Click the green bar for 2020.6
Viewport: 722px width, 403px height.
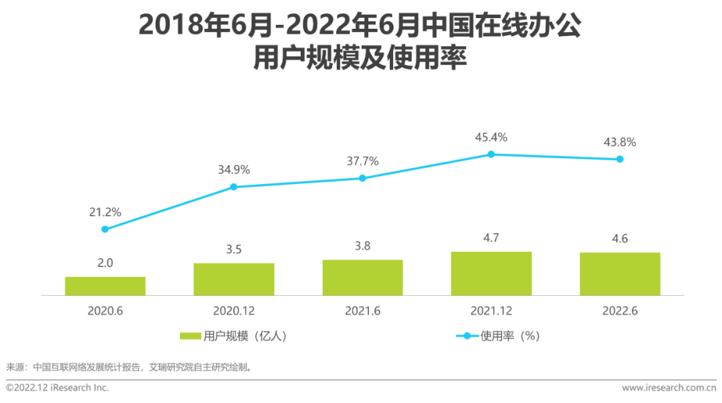coord(105,286)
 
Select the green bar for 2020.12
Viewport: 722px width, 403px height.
coord(234,279)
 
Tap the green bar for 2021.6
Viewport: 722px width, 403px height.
coord(362,278)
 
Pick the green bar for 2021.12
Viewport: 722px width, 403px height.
coord(491,273)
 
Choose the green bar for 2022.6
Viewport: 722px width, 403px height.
coord(620,274)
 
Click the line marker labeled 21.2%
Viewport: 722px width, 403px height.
coord(105,229)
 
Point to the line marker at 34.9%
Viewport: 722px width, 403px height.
coord(234,187)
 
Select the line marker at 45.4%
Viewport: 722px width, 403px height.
coord(491,154)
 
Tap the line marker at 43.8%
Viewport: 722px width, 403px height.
coord(620,159)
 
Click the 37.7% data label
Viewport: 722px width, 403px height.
coord(362,161)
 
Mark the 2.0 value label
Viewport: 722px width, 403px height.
coord(105,262)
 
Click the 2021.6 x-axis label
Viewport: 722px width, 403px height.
coord(362,311)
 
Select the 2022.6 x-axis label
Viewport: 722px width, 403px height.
coord(620,311)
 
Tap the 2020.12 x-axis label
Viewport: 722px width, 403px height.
coord(234,311)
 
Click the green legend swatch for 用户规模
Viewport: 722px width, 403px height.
coord(191,336)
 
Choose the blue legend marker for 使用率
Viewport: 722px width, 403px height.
coord(467,336)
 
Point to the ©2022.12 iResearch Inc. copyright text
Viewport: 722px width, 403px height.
coord(57,388)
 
